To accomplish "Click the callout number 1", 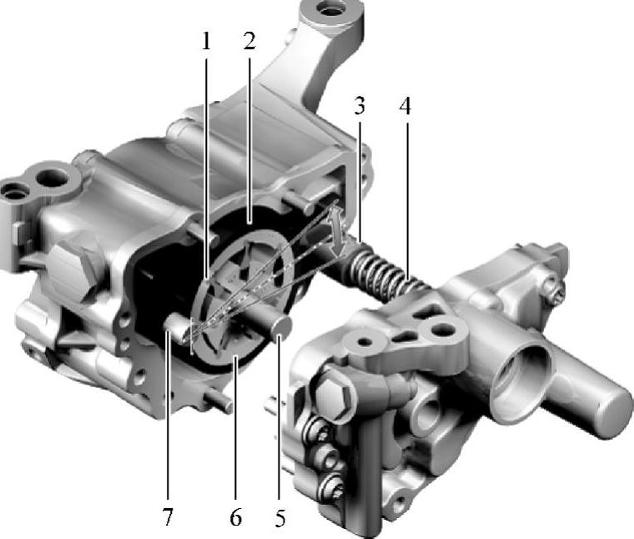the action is coord(207,41).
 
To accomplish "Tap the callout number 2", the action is coord(249,41).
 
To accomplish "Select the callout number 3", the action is coord(360,105).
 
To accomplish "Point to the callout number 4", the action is coord(405,106).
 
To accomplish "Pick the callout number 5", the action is coord(280,517).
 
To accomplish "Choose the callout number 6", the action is coord(236,517).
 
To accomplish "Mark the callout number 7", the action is coord(168,516).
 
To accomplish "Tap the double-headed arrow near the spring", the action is coord(338,229).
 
